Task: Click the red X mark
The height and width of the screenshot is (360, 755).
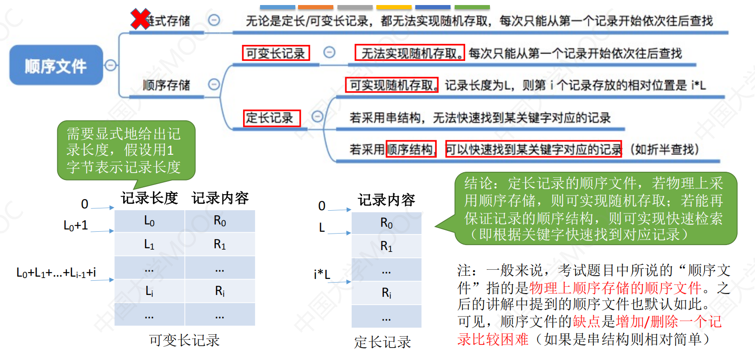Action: [140, 19]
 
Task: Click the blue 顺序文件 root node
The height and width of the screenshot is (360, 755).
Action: [56, 65]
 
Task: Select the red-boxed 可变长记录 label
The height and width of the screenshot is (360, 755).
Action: [276, 53]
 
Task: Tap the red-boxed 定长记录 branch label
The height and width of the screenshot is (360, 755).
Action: [272, 118]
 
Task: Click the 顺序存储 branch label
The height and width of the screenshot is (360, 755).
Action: [167, 85]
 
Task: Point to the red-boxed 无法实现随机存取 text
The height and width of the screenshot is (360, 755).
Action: [409, 53]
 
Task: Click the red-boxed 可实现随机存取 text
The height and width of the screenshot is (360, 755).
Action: [391, 85]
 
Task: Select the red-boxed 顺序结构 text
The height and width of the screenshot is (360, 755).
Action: [411, 149]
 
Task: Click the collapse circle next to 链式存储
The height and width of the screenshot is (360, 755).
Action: [214, 20]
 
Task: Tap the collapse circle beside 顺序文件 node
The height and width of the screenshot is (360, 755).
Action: [110, 65]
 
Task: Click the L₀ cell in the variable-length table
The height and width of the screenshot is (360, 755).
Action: [150, 221]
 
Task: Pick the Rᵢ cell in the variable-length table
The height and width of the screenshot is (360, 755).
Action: [220, 290]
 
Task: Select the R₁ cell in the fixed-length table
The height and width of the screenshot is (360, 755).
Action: [386, 246]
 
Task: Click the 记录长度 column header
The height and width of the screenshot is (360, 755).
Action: [149, 198]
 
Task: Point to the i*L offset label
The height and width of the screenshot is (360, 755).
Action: [322, 274]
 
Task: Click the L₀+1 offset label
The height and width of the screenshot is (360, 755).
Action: [76, 225]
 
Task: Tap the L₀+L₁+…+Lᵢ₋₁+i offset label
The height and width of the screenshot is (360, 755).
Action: [56, 273]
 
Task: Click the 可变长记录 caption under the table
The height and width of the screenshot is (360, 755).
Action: [185, 340]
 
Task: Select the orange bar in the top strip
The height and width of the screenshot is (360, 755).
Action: [315, 7]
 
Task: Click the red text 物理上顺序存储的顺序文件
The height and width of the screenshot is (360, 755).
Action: [615, 288]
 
